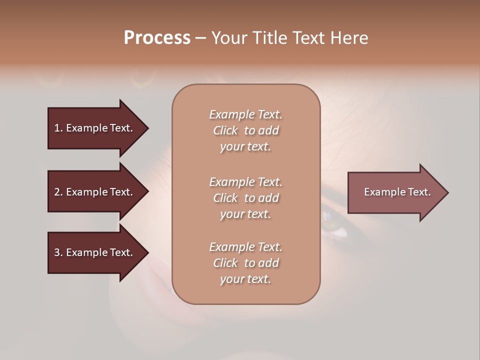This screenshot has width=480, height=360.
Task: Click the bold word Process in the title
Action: pyautogui.click(x=157, y=38)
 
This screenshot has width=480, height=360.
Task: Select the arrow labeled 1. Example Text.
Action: pyautogui.click(x=95, y=128)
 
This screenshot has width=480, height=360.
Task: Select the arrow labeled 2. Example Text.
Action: pyautogui.click(x=95, y=192)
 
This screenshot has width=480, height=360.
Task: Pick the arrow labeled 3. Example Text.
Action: pyautogui.click(x=95, y=252)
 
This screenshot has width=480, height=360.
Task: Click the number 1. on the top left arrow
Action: pyautogui.click(x=58, y=128)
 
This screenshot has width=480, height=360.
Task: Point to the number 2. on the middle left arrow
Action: pyautogui.click(x=58, y=192)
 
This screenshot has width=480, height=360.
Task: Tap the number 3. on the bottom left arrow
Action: pyautogui.click(x=58, y=252)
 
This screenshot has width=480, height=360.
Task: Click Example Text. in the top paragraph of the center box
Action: pyautogui.click(x=245, y=114)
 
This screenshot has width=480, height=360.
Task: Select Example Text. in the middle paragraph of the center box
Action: pyautogui.click(x=245, y=181)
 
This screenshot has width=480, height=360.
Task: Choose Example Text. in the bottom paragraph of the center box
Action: pyautogui.click(x=245, y=247)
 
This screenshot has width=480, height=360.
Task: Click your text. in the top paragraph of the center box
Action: pyautogui.click(x=245, y=147)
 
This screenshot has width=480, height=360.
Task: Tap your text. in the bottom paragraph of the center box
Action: pyautogui.click(x=245, y=279)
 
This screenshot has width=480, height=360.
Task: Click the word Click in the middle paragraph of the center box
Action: pyautogui.click(x=225, y=198)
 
